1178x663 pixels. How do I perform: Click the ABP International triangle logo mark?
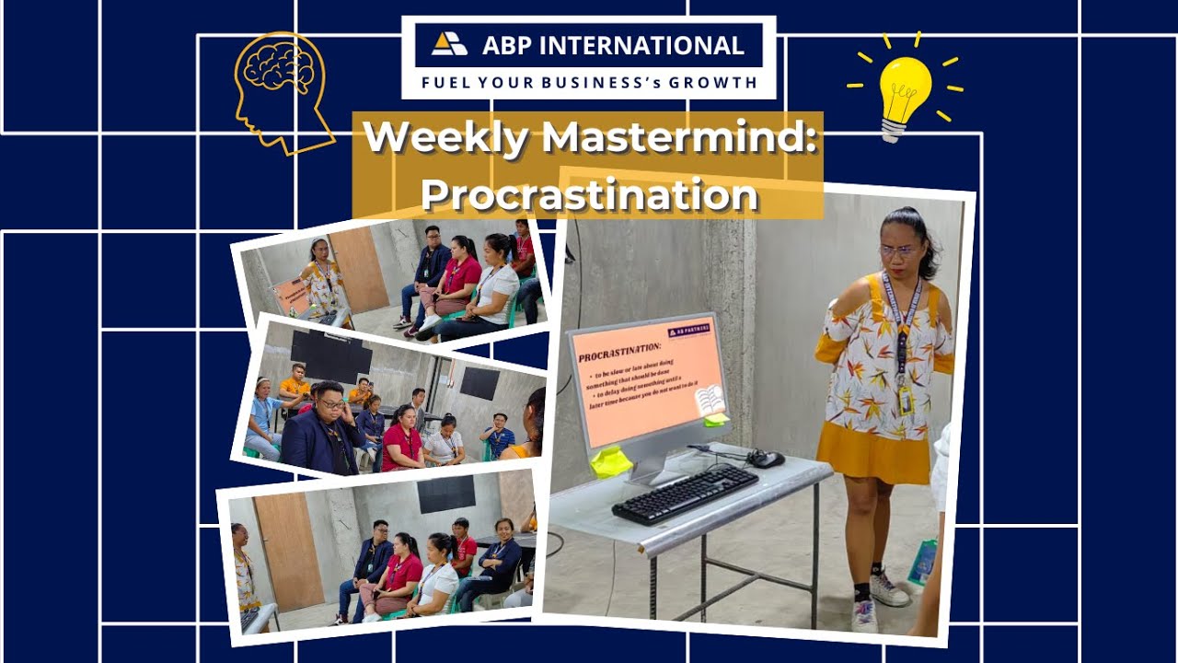coord(449,44)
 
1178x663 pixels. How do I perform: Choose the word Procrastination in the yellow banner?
coord(589,193)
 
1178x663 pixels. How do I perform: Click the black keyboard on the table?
coord(686,494)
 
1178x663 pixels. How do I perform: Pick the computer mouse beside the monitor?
coord(766,458)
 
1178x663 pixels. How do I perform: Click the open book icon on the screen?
coord(709,401)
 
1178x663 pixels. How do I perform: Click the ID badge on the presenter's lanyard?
coord(905,400)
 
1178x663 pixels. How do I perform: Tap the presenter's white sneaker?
coord(888,588)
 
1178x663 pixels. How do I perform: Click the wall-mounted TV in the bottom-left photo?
coord(446,494)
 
